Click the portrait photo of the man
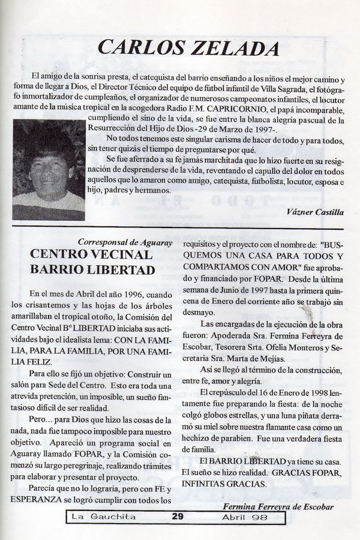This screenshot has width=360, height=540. click(49, 170)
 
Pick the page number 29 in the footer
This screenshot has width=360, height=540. click(177, 515)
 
